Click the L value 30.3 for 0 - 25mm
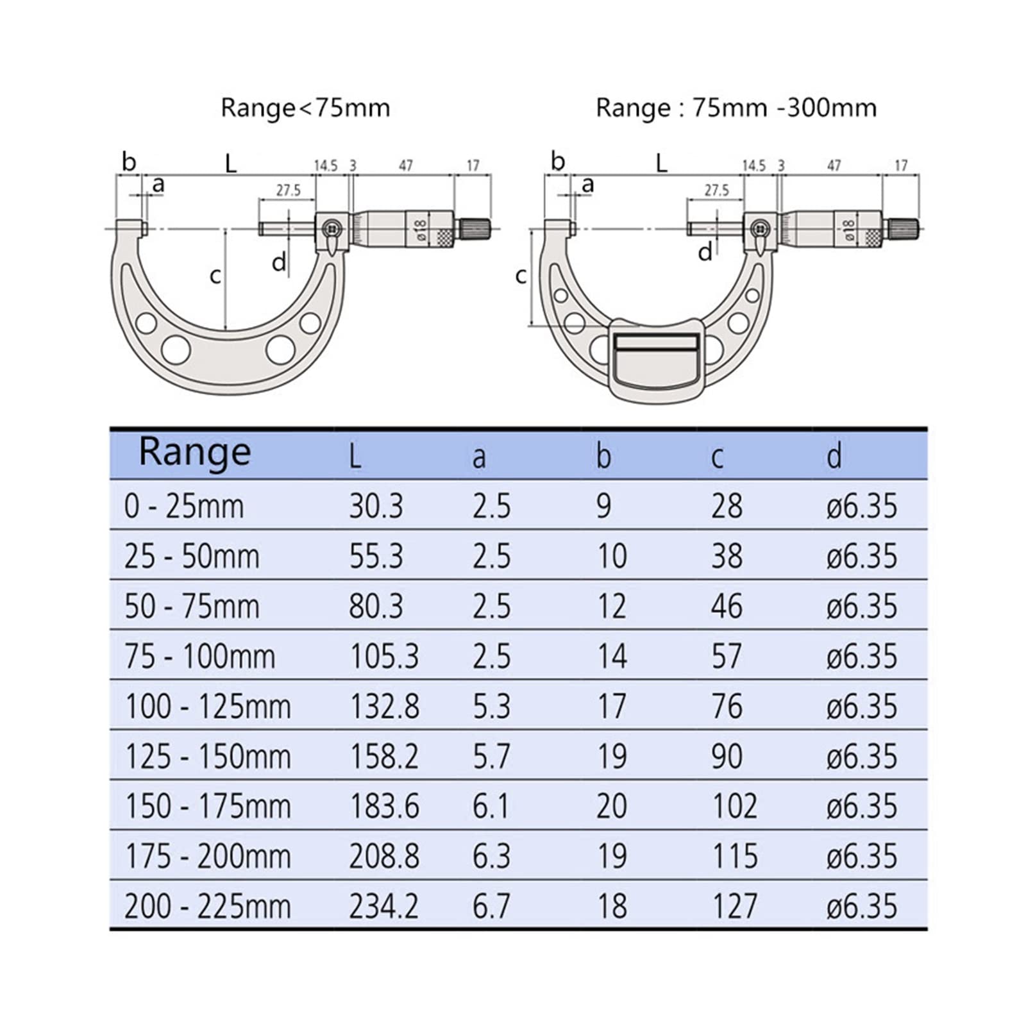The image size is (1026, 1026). point(376,506)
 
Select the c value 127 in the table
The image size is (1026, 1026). point(735,906)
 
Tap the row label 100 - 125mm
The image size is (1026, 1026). point(208,706)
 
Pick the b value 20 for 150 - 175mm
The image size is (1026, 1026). point(611,806)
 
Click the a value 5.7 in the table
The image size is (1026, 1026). point(491,756)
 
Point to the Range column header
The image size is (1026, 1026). point(195,452)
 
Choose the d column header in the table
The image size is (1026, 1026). point(834,457)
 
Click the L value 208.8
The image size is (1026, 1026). point(383,856)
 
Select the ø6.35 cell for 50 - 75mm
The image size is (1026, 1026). point(862,606)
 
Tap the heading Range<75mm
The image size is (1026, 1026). point(305,108)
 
